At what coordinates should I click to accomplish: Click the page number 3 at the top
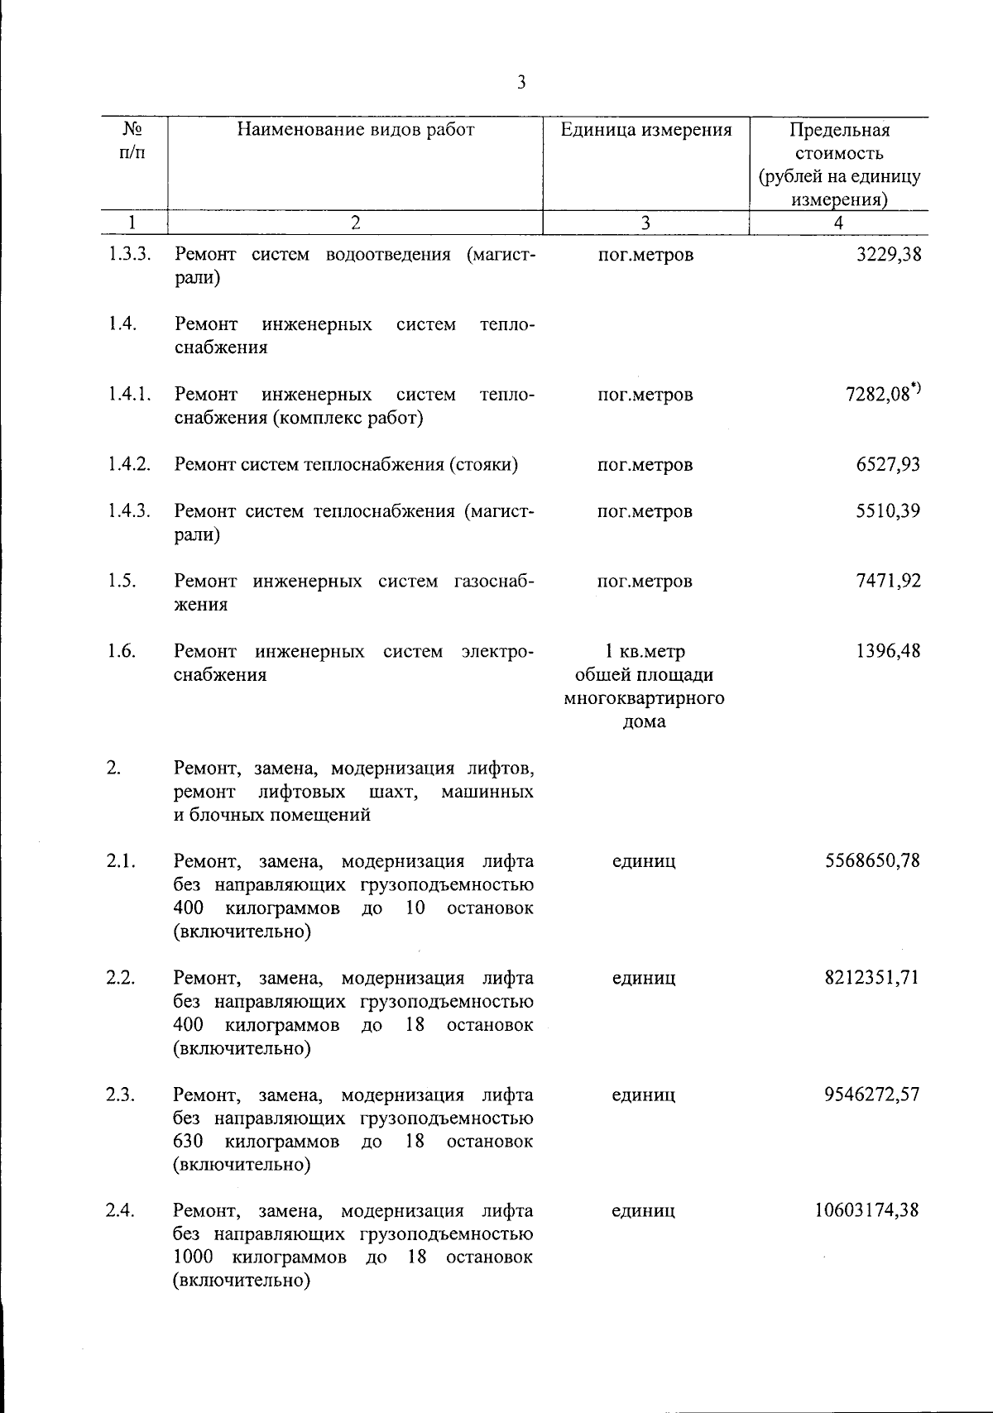tap(521, 82)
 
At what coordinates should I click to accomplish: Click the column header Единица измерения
tap(645, 130)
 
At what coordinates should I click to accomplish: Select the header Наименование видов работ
tap(356, 130)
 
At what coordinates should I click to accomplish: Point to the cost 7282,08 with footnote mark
tap(882, 394)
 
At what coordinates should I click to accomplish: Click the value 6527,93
tap(888, 464)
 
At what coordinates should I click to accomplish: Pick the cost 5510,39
tap(888, 510)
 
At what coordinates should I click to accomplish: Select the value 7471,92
tap(888, 581)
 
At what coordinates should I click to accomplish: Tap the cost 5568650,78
tap(872, 861)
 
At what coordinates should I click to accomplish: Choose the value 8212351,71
tap(872, 978)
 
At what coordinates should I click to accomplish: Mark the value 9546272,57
tap(872, 1094)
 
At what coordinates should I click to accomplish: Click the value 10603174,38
tap(866, 1211)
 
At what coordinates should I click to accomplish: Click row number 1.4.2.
tap(128, 464)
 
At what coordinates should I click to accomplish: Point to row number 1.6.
tap(121, 651)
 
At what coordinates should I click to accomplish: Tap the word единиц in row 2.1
tap(644, 861)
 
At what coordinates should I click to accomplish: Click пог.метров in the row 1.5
tap(645, 581)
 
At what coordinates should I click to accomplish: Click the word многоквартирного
tap(645, 698)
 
